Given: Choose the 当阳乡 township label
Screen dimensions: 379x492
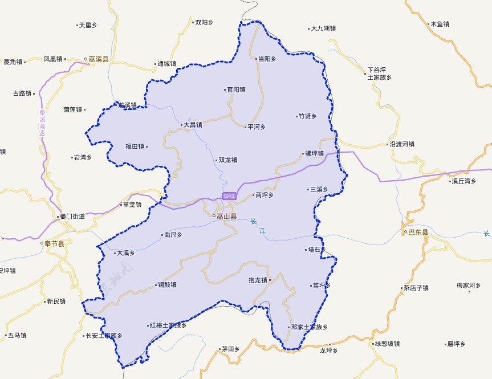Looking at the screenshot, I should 267,59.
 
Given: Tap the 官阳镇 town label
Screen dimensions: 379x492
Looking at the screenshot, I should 235,89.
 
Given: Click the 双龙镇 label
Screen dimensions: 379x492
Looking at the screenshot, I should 227,160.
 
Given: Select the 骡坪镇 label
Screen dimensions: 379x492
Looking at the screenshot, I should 314,153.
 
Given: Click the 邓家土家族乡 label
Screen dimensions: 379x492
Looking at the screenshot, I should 309,328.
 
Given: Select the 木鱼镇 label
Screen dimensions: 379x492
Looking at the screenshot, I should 440,25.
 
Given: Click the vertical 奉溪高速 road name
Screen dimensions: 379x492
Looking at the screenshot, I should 42,122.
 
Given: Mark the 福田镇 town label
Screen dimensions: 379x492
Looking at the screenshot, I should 135,146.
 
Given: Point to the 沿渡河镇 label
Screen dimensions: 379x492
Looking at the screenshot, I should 402,144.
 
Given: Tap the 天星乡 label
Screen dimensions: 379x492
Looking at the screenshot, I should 88,25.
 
